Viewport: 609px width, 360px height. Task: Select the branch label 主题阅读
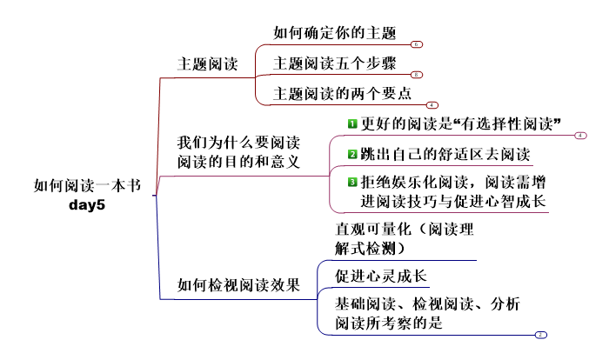coord(207,63)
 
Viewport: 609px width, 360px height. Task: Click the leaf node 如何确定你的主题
coord(334,34)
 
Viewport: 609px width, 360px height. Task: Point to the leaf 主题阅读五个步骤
coord(334,63)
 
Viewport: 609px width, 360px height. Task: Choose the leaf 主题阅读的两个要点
coord(342,92)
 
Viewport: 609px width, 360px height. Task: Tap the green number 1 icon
coord(352,123)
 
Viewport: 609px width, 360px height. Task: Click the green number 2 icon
coord(352,155)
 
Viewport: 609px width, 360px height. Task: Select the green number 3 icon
coord(352,183)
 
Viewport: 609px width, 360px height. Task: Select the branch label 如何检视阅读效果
coord(238,284)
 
